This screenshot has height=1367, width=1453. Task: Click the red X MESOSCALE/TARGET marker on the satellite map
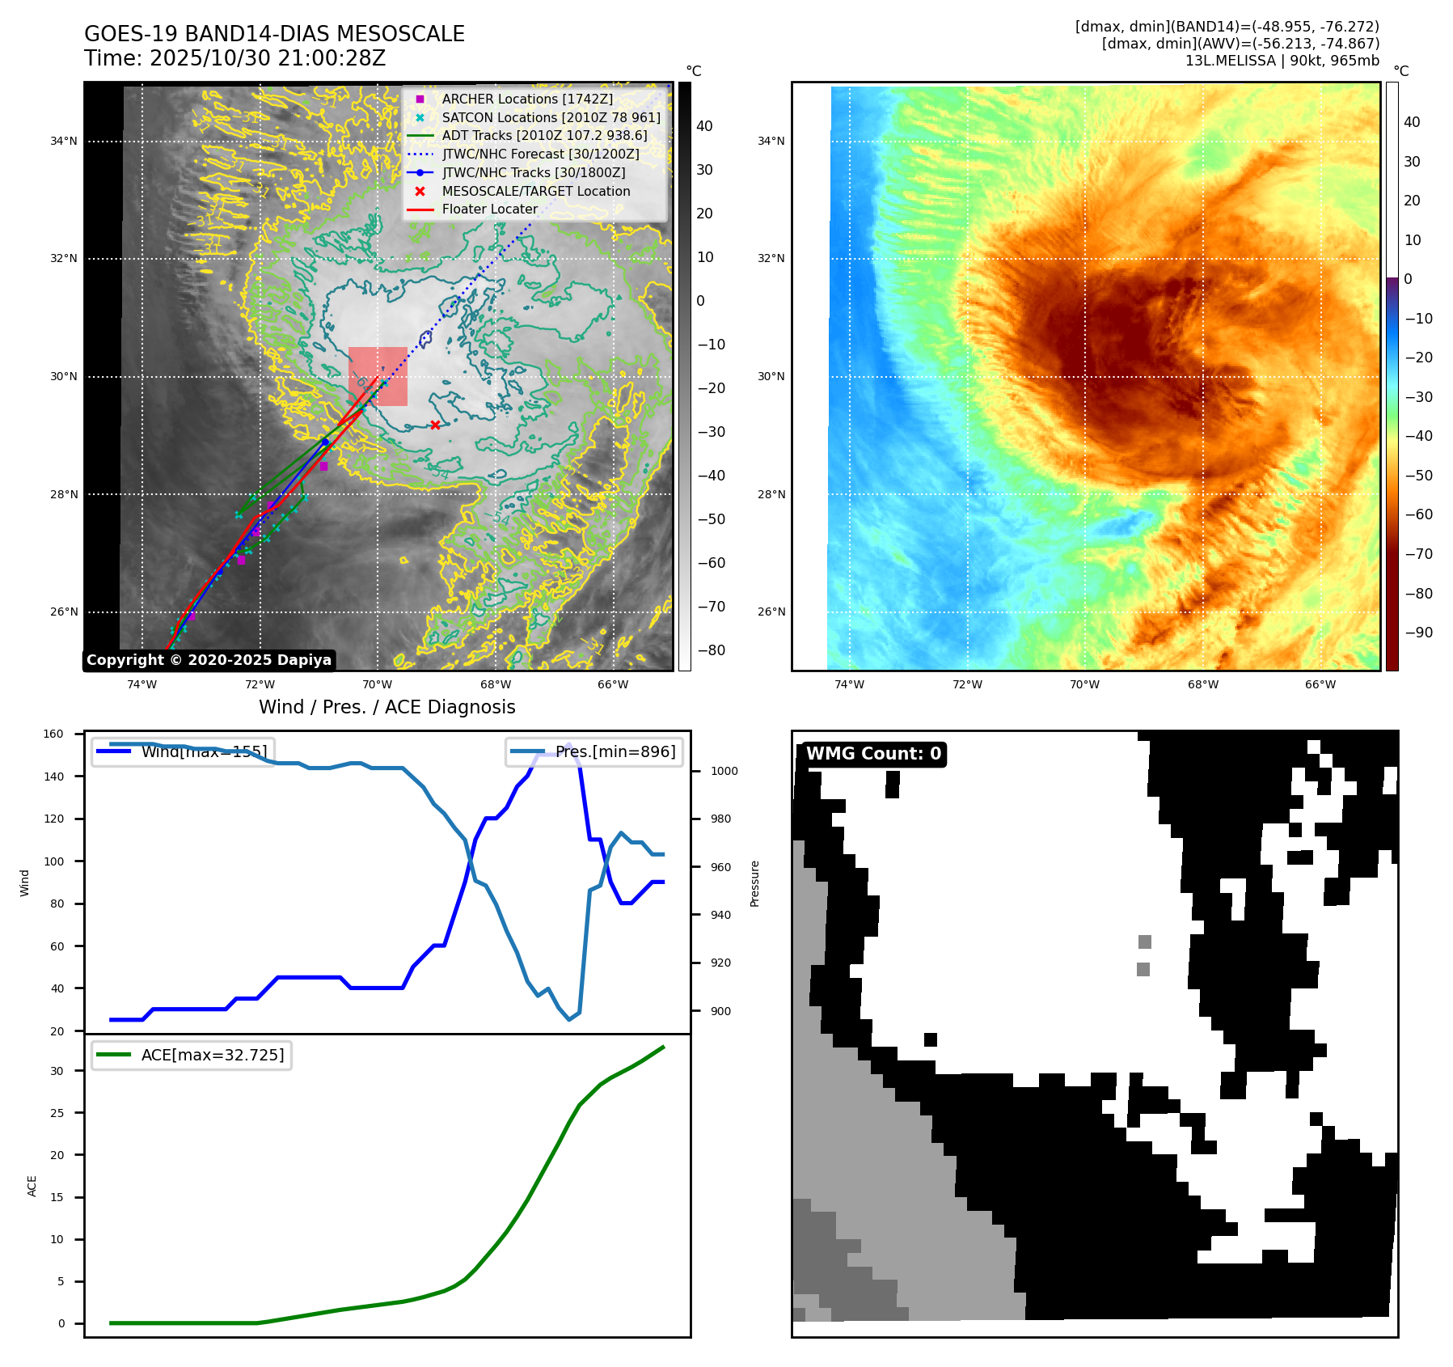tap(435, 425)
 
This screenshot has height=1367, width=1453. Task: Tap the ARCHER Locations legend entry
tap(527, 99)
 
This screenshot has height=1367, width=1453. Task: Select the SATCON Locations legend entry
tap(551, 117)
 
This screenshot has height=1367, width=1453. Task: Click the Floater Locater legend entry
tap(489, 209)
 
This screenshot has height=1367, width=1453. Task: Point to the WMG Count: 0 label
tap(873, 754)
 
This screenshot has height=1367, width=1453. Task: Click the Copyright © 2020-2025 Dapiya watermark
tap(209, 660)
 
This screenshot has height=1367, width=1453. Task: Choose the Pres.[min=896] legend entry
tap(615, 751)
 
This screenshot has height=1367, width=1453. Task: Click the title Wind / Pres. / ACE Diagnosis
tap(386, 707)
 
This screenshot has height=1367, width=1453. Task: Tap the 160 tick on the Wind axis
tap(53, 734)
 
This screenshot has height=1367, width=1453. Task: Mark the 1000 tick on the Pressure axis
tap(724, 772)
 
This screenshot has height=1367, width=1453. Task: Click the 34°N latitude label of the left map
tap(64, 142)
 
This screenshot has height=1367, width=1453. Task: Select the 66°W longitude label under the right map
tap(1320, 684)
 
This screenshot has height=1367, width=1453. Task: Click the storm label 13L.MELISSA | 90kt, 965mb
tap(1282, 61)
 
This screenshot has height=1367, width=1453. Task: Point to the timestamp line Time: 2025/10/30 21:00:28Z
tap(234, 58)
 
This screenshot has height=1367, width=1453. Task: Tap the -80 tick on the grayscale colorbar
tap(712, 650)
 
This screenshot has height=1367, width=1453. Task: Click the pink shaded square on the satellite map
tap(378, 376)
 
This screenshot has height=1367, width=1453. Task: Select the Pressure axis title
tap(754, 883)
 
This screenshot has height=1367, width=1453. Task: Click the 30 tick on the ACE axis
tap(57, 1071)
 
